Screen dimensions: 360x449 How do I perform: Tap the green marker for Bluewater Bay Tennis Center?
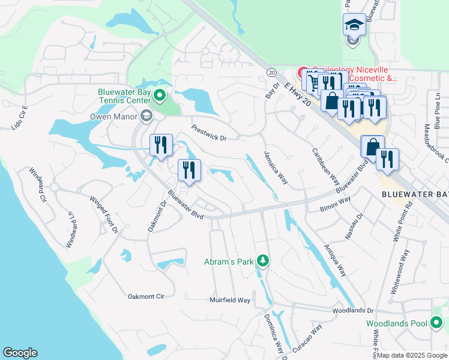pyautogui.click(x=160, y=95)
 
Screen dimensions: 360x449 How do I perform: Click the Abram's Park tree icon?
pyautogui.click(x=262, y=260)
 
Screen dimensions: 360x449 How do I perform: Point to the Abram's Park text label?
pyautogui.click(x=228, y=260)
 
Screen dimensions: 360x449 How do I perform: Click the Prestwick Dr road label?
pyautogui.click(x=209, y=133)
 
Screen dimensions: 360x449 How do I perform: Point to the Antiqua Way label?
pyautogui.click(x=335, y=260)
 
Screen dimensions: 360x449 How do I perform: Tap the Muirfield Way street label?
pyautogui.click(x=229, y=300)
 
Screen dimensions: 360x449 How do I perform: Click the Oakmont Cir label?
pyautogui.click(x=146, y=296)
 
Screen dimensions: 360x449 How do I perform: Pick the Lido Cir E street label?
pyautogui.click(x=20, y=118)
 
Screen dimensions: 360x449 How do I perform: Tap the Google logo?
pyautogui.click(x=20, y=353)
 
